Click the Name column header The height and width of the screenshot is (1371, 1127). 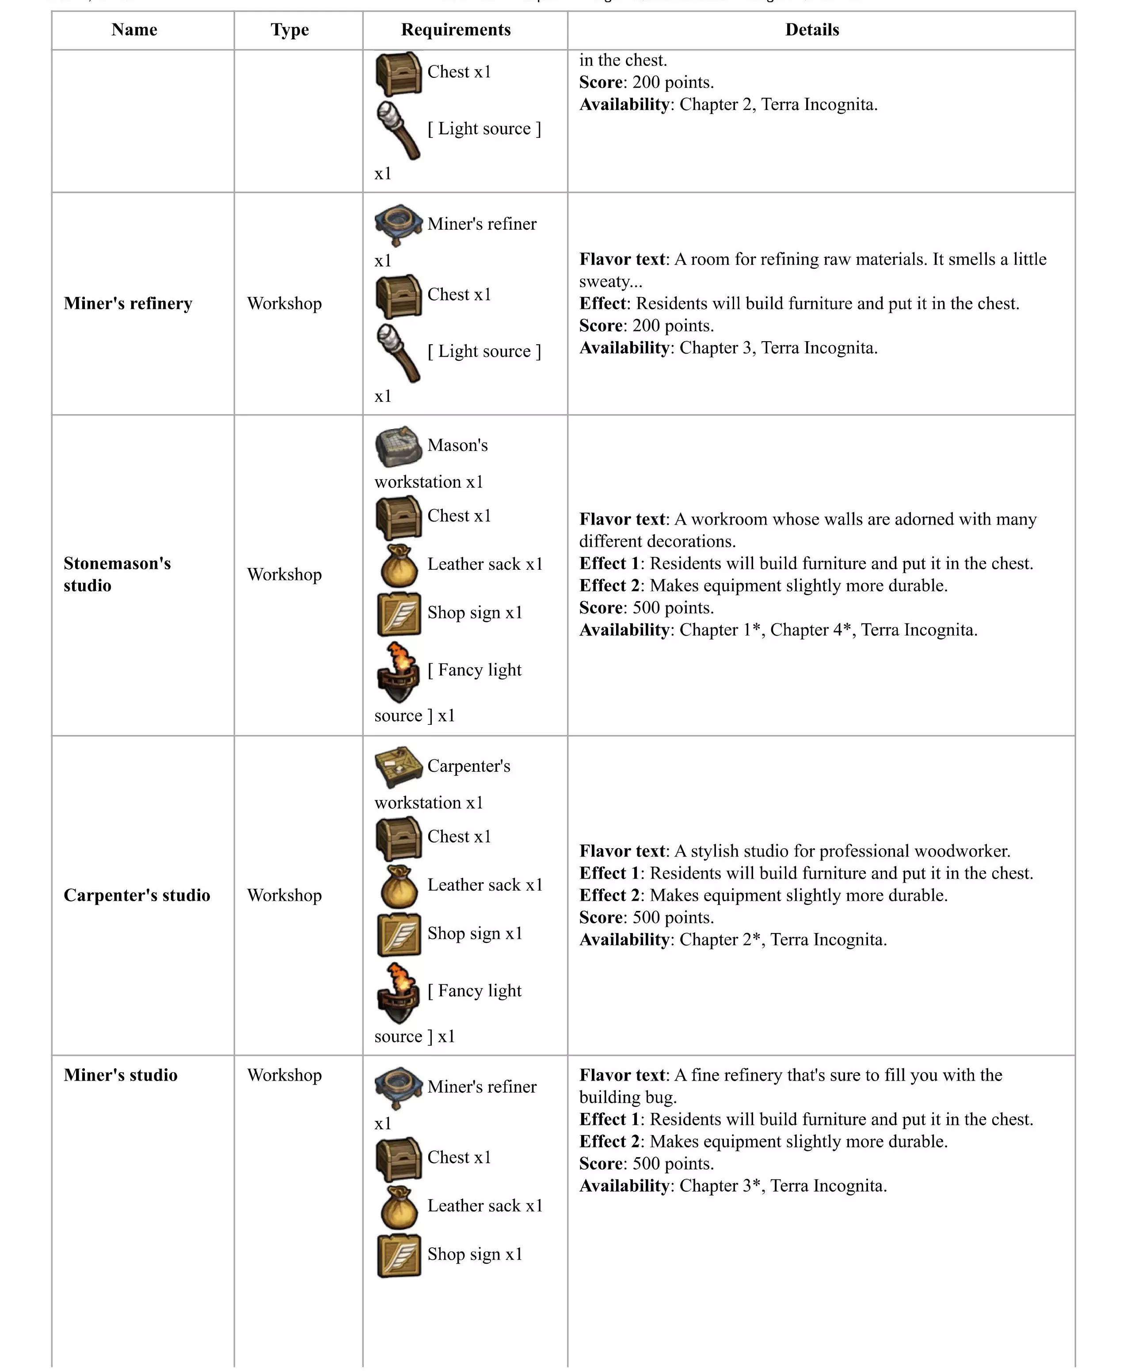tap(134, 30)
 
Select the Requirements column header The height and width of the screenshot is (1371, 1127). tap(456, 30)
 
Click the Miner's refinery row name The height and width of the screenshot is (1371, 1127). tap(128, 304)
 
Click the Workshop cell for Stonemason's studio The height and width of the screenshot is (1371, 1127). tap(284, 575)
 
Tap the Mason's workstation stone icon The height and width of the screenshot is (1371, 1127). tap(398, 446)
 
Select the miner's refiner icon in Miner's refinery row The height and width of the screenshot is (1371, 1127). tap(398, 225)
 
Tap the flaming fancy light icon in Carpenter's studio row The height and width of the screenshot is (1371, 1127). tap(398, 993)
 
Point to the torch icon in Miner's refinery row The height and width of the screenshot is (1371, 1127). tap(398, 353)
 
